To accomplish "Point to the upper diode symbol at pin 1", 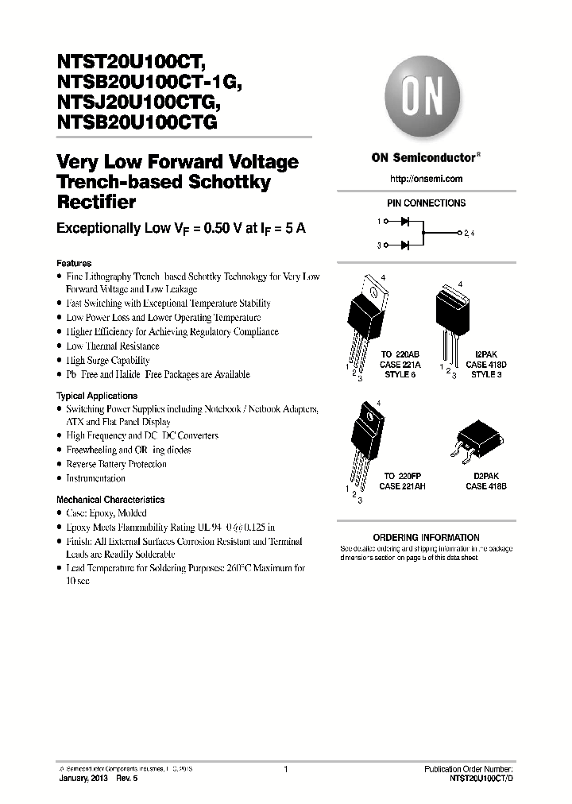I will (404, 222).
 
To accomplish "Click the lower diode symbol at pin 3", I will (404, 246).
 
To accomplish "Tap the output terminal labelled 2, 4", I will (468, 234).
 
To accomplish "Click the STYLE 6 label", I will (399, 374).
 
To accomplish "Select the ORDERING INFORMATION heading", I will (426, 538).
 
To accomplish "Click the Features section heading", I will (74, 263).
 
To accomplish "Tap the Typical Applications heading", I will (97, 396).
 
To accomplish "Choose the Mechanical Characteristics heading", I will (110, 500).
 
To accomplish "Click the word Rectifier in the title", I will (96, 203).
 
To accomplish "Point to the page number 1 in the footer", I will (285, 769).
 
